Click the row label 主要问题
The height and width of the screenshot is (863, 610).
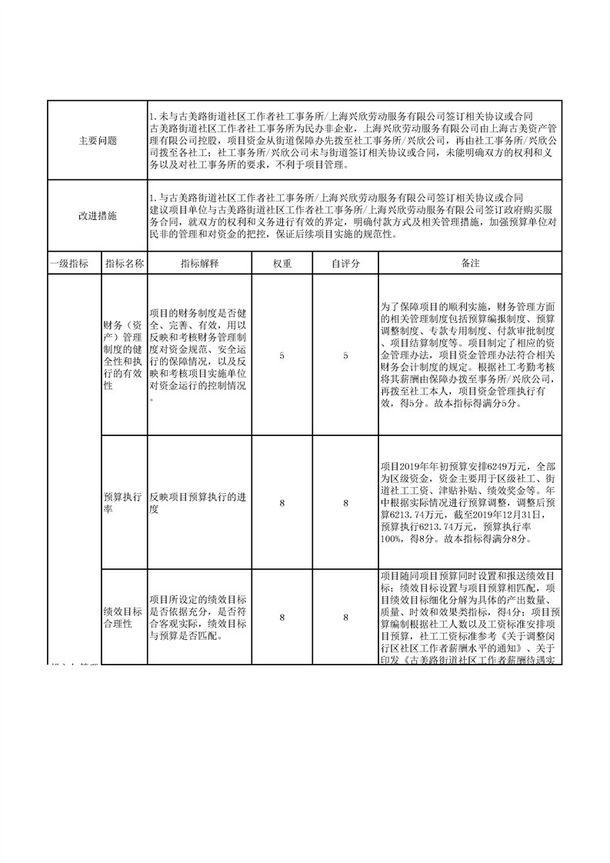click(98, 142)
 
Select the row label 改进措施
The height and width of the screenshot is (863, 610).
click(98, 216)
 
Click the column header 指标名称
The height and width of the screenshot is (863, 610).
click(124, 263)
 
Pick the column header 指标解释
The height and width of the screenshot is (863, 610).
click(200, 263)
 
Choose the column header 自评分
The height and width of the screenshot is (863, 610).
click(345, 263)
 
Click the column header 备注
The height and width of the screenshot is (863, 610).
click(470, 263)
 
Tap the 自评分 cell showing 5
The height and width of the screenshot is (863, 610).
click(345, 355)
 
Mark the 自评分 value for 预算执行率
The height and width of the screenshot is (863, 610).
click(345, 502)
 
